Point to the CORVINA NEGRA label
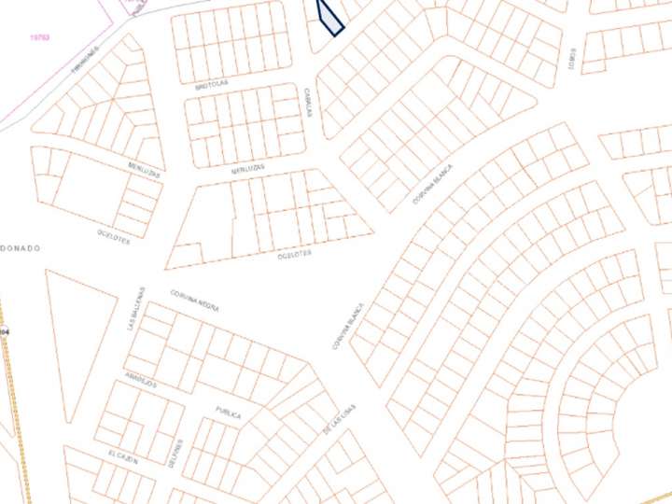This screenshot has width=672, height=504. (194, 300)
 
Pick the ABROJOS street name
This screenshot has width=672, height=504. (138, 383)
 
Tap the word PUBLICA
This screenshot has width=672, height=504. (229, 412)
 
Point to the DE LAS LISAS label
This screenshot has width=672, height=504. (339, 418)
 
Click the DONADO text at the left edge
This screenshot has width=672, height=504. (20, 248)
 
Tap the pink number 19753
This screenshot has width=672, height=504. (40, 37)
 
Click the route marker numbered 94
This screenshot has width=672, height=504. (5, 331)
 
